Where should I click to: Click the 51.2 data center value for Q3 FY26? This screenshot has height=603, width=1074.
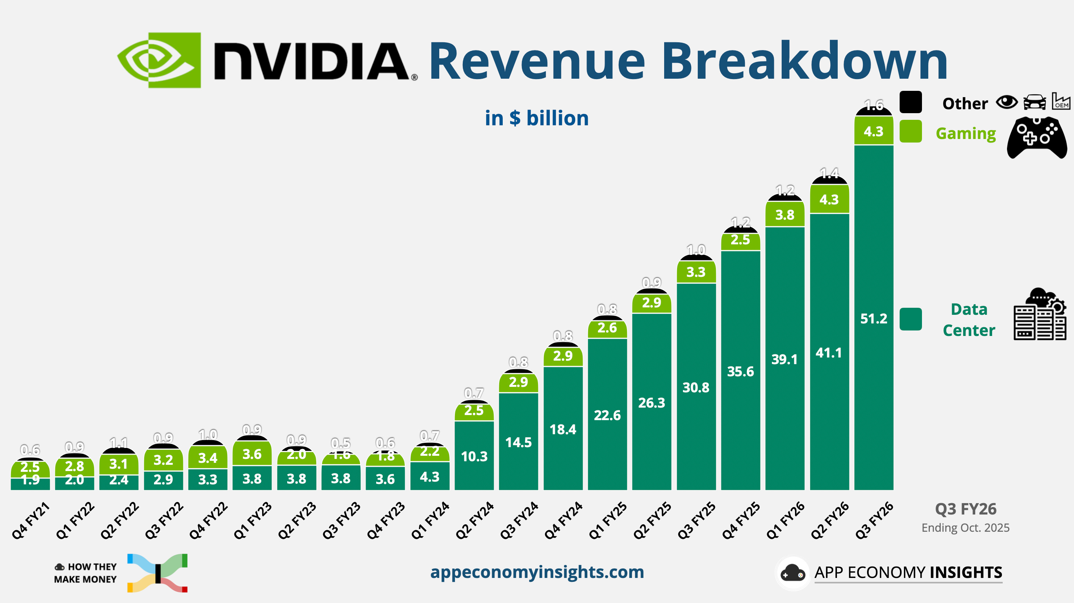pos(873,319)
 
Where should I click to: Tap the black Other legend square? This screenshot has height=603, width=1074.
pos(910,102)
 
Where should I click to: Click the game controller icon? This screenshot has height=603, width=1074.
pos(1036,137)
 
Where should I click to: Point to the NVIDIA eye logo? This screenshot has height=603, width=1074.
pos(159,60)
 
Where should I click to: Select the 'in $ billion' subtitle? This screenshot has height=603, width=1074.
pos(536,118)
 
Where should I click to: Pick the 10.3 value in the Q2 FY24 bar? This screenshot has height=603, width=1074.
pos(474,456)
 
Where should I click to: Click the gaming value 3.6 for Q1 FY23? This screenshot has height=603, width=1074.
pos(252,454)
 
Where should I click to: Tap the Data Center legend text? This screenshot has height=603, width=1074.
pos(969,320)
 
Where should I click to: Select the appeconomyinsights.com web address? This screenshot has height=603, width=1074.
pos(537,572)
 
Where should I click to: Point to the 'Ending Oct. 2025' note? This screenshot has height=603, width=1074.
pos(965,527)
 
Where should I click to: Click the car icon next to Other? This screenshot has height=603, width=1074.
pos(1034,102)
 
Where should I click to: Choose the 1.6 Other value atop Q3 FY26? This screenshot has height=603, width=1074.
pos(873,105)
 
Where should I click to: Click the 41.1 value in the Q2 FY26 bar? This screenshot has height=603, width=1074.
pos(828,353)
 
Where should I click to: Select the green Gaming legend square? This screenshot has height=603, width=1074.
pos(910,131)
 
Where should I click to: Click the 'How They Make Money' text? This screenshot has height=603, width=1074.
pos(85,573)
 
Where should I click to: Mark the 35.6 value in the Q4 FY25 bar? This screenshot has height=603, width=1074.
pos(740,371)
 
